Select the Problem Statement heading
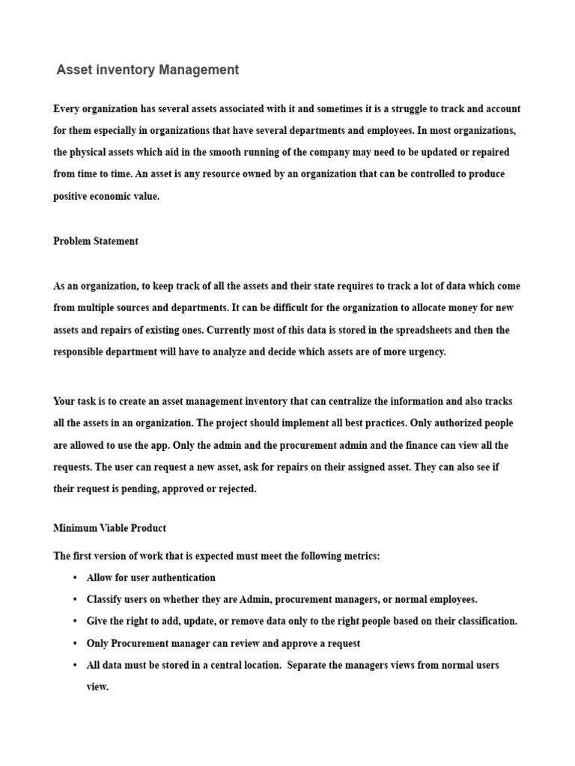point(96,241)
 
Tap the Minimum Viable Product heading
point(109,528)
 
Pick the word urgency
point(425,352)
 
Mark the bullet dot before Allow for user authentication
point(76,578)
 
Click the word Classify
point(105,599)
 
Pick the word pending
point(134,488)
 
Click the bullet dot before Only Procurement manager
point(76,643)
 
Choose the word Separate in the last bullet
point(307,665)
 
